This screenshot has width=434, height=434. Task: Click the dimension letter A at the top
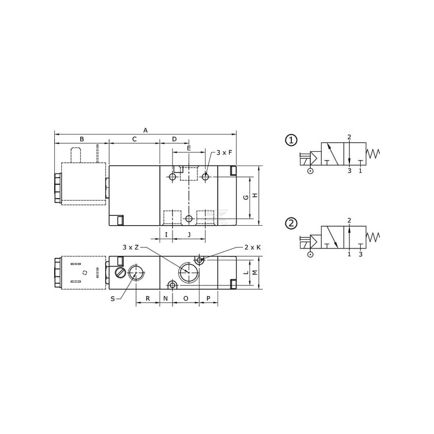coord(145,130)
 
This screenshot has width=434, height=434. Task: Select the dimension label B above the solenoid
coord(82,139)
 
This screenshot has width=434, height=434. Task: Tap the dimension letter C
coord(135,139)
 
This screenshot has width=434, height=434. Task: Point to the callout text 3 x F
coord(224,152)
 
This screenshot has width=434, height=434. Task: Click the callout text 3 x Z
coord(131,247)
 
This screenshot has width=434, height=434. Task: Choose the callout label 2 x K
coord(252,247)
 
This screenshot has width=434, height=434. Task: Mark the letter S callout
coord(113,299)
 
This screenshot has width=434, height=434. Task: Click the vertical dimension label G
coord(246,197)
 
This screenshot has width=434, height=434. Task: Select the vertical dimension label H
coord(255,195)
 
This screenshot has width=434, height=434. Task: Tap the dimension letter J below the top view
coord(189,235)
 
